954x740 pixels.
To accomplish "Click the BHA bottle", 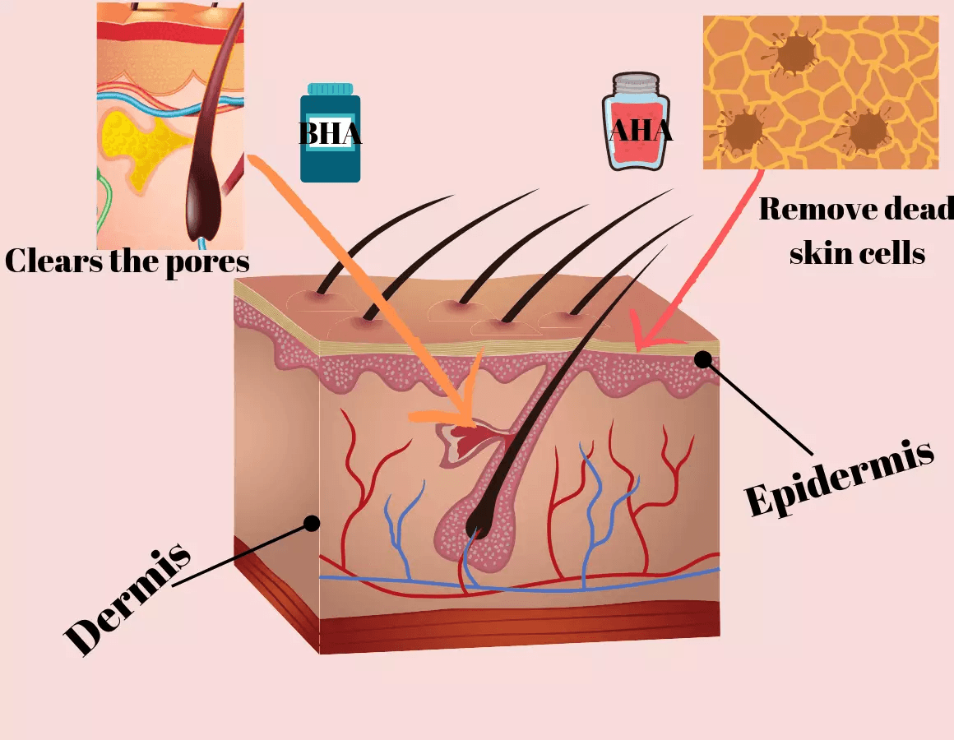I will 330,136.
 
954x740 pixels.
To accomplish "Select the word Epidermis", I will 839,478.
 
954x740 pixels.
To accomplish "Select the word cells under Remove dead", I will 891,253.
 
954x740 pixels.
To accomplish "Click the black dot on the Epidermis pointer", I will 702,358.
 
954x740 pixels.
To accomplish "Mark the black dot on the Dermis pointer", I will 311,522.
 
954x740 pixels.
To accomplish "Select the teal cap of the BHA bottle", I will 330,88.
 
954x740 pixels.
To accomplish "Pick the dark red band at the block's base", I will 518,629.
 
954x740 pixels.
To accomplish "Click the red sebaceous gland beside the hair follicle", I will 469,440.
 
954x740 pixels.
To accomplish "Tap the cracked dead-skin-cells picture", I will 820,92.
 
